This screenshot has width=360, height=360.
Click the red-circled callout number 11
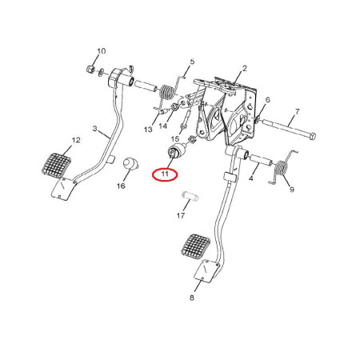(x=165, y=174)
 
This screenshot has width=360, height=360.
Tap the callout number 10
(x=101, y=50)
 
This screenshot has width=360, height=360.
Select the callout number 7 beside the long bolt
(x=297, y=111)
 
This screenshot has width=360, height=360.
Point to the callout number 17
(x=181, y=215)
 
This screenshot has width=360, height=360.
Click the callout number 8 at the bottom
(x=192, y=298)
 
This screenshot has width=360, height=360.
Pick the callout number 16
(x=121, y=186)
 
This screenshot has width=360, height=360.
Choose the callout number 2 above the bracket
(x=245, y=69)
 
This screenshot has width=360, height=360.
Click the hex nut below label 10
(x=90, y=70)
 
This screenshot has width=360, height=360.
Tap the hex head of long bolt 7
(x=313, y=137)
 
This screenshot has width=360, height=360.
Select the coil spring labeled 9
(x=282, y=168)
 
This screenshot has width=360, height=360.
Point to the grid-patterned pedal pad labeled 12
(x=57, y=165)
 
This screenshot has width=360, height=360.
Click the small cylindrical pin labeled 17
(x=190, y=197)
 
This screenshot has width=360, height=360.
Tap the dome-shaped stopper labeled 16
(x=130, y=163)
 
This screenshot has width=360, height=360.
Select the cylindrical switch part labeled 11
(x=176, y=152)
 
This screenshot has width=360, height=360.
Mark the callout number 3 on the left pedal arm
(x=95, y=129)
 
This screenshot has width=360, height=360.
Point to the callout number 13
(x=148, y=130)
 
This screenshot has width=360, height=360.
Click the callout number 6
(x=267, y=100)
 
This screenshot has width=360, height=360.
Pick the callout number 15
(x=175, y=138)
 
